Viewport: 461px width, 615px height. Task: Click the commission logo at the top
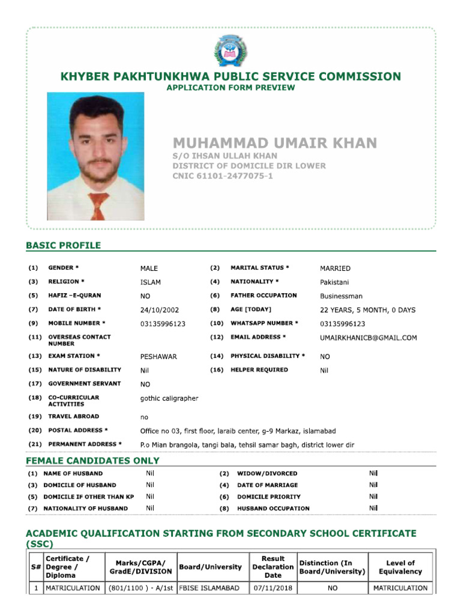click(x=230, y=51)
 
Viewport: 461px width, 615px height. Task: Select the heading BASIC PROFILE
click(x=63, y=245)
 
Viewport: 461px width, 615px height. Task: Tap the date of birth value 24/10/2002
click(x=159, y=311)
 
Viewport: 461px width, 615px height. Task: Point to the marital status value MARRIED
click(x=335, y=268)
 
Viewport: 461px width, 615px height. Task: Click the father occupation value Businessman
click(x=341, y=296)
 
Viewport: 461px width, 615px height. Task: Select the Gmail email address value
click(x=368, y=338)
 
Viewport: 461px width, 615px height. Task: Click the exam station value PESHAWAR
click(x=158, y=357)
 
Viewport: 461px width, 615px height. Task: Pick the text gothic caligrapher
click(x=169, y=398)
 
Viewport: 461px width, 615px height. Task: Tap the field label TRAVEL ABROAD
click(x=73, y=416)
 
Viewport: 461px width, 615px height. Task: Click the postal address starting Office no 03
click(x=238, y=431)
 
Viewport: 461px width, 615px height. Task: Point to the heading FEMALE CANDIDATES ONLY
click(x=92, y=461)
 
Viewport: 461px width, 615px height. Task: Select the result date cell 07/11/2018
click(x=273, y=588)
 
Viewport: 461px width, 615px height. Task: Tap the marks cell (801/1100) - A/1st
click(x=140, y=588)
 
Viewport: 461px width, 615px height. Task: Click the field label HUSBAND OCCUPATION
click(x=273, y=509)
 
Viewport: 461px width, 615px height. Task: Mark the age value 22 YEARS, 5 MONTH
click(x=367, y=311)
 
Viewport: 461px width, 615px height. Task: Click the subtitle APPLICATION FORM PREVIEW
click(x=230, y=88)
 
